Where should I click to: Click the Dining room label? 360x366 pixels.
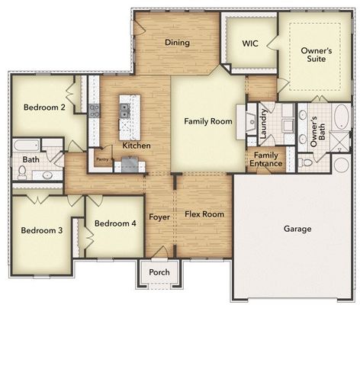(177, 43)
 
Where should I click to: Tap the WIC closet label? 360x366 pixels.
(249, 44)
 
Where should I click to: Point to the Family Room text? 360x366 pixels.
(207, 121)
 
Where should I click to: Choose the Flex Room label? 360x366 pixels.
(204, 214)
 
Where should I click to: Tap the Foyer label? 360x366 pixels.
(159, 217)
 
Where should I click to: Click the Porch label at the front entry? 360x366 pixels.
(159, 272)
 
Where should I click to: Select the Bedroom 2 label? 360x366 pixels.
(43, 107)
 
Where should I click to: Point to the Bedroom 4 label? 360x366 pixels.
(114, 223)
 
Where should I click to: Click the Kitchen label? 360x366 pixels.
(136, 145)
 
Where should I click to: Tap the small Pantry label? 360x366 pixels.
(101, 159)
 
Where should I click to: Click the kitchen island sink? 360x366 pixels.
(124, 111)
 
